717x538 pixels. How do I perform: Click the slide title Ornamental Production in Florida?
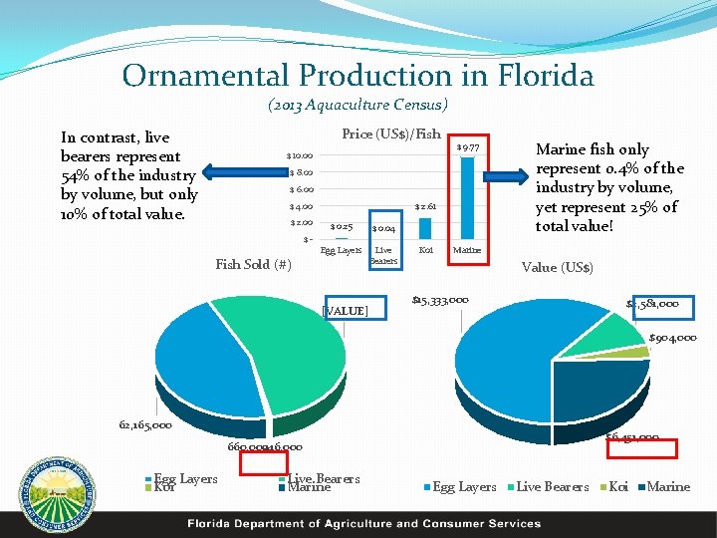[358, 76]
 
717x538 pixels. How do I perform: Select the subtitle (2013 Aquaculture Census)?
[358, 105]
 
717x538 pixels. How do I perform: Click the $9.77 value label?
[467, 147]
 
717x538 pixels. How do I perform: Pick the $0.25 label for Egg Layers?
[342, 226]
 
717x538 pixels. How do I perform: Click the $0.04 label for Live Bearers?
[383, 229]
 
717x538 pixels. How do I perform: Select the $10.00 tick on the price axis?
[300, 156]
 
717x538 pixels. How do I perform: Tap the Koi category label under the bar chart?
[426, 250]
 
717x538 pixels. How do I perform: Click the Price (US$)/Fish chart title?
[390, 134]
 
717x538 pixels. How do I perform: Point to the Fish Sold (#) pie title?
[253, 265]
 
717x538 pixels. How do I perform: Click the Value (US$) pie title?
[558, 268]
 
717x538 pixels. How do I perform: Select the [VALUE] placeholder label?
[346, 312]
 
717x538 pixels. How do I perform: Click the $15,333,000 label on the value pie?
[440, 300]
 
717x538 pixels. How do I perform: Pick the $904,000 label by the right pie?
[672, 338]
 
